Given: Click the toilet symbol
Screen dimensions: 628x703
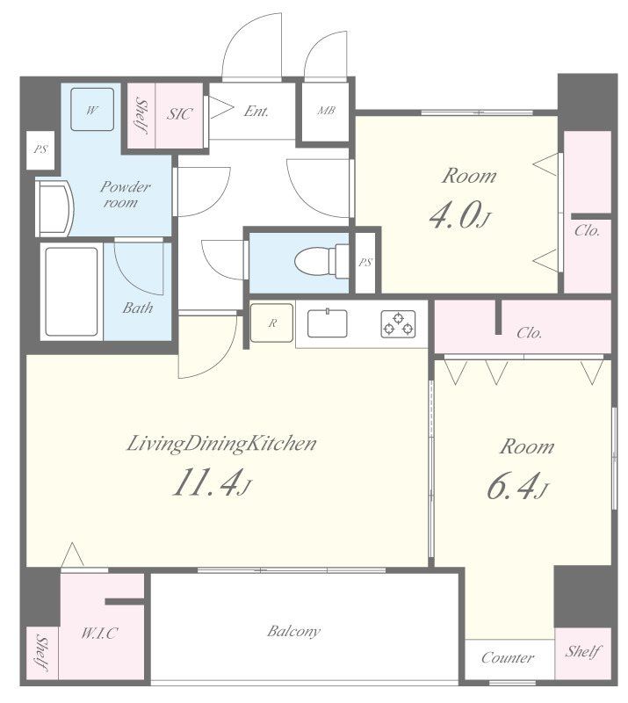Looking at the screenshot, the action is click(321, 260).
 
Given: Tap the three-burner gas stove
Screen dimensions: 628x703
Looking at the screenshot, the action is click(398, 323).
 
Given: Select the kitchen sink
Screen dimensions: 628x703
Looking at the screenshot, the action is click(328, 323).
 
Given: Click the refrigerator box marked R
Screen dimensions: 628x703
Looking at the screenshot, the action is click(271, 323).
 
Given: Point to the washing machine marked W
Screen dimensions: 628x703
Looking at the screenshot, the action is click(92, 109).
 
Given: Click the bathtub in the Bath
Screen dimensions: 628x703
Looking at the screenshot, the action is click(72, 292).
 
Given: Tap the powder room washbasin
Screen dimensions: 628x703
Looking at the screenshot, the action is click(54, 207).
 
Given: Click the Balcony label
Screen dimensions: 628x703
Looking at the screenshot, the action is click(293, 631).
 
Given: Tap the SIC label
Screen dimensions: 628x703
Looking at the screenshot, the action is click(180, 114).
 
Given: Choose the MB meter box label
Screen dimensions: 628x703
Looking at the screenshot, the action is click(327, 111).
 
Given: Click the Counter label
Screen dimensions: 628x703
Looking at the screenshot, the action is click(508, 657).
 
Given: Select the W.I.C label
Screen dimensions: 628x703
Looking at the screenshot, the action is click(100, 633).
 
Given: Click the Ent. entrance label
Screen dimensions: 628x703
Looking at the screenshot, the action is click(256, 111).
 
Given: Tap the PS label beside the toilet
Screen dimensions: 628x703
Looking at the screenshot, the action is click(365, 262).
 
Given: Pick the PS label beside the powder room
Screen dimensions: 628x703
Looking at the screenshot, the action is click(40, 149).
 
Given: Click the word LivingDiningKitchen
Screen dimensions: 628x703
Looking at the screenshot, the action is click(222, 444).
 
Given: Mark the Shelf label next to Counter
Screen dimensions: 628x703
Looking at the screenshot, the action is click(582, 651).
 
